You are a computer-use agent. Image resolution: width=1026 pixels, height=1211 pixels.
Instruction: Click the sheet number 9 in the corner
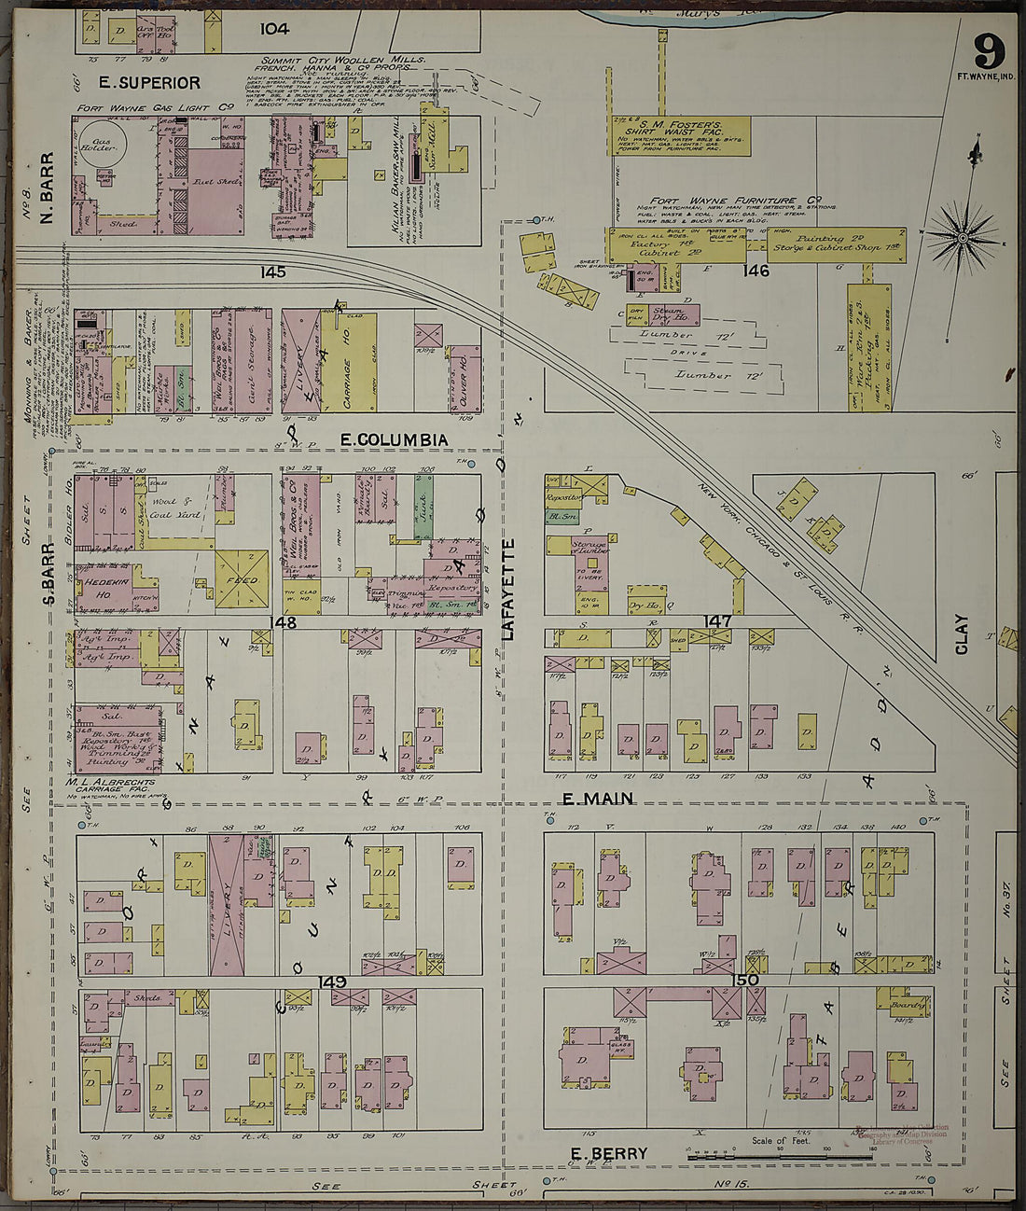coord(989,47)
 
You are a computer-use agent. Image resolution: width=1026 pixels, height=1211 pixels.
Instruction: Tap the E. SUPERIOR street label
coord(137,83)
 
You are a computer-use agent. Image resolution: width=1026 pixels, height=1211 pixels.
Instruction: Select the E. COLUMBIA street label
coord(394,439)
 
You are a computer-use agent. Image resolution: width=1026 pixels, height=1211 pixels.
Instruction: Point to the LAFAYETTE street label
coord(508,589)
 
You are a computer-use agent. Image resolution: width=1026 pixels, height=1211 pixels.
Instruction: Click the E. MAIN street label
coord(598,799)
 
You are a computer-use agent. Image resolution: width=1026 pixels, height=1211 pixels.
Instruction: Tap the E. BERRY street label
coord(608,1154)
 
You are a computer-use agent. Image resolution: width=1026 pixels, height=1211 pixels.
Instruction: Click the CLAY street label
coord(962,633)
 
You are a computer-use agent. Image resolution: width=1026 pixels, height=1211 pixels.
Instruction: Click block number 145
coord(273,272)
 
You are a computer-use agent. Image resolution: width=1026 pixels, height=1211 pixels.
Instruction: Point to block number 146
coord(756,271)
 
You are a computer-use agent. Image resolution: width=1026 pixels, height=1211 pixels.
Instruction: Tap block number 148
coord(283,622)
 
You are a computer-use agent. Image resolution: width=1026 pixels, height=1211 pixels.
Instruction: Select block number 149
coord(332,981)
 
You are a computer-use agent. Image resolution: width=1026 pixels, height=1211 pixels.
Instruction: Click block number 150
coord(745,980)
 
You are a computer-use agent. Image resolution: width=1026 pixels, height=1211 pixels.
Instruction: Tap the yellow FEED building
coord(243,579)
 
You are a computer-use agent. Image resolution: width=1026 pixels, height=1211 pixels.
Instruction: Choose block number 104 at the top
coord(274,29)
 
